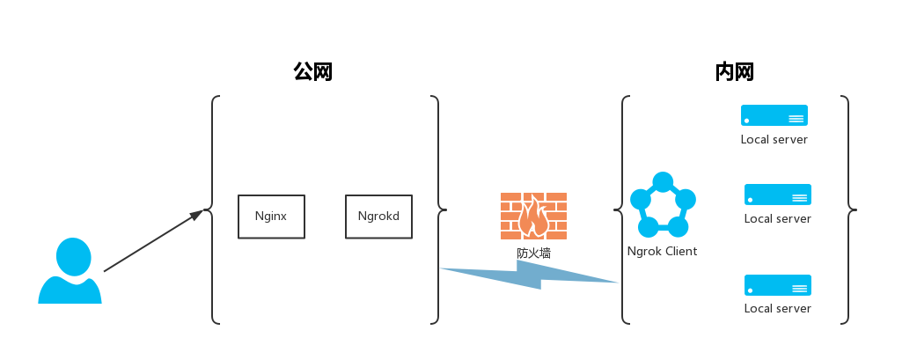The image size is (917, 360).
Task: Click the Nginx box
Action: pyautogui.click(x=271, y=217)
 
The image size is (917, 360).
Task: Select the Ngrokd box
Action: pyautogui.click(x=378, y=217)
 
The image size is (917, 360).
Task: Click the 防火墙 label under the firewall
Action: pyautogui.click(x=533, y=253)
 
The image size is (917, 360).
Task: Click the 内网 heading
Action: pyautogui.click(x=735, y=72)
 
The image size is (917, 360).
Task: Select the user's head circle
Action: pyautogui.click(x=73, y=256)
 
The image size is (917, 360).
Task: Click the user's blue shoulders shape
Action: pyautogui.click(x=70, y=292)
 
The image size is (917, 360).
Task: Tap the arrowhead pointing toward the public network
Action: pyautogui.click(x=195, y=216)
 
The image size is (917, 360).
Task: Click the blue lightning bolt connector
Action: pyautogui.click(x=528, y=276)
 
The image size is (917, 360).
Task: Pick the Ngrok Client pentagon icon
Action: pyautogui.click(x=663, y=207)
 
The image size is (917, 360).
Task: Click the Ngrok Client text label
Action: pyautogui.click(x=662, y=252)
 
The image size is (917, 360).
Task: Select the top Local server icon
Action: pyautogui.click(x=774, y=115)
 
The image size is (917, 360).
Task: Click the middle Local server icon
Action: pyautogui.click(x=777, y=195)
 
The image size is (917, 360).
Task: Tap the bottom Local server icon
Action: pyautogui.click(x=777, y=284)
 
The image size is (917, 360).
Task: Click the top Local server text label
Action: pyautogui.click(x=774, y=139)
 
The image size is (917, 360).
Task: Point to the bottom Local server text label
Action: pyautogui.click(x=777, y=308)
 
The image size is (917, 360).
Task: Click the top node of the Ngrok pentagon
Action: pyautogui.click(x=663, y=182)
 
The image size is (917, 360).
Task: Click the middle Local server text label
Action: pyautogui.click(x=777, y=218)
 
